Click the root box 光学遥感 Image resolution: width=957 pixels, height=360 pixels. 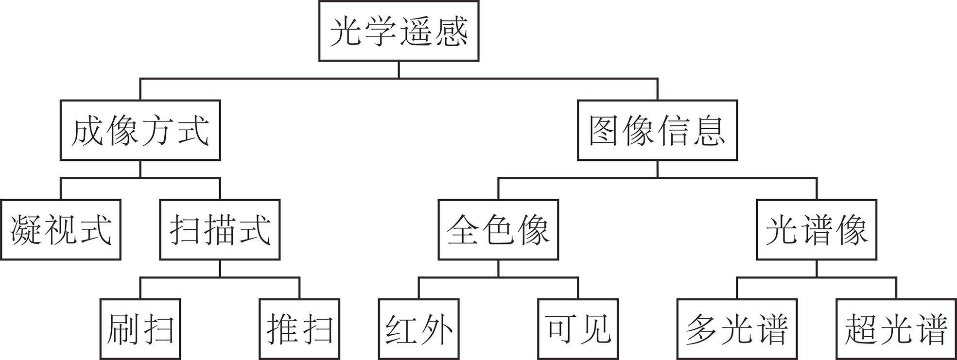click(399, 31)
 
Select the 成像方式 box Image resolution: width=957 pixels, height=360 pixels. click(140, 130)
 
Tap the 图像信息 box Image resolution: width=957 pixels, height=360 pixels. click(657, 130)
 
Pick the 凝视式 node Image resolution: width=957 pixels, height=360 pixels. click(61, 229)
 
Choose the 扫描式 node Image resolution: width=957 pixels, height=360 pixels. click(220, 229)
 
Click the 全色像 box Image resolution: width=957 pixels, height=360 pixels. click(498, 229)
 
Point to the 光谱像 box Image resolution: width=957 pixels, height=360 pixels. click(817, 229)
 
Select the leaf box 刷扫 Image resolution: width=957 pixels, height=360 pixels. click(140, 329)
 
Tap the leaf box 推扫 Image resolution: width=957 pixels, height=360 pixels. click(299, 329)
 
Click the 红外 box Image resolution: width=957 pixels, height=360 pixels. click(418, 329)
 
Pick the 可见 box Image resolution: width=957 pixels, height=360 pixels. click(578, 329)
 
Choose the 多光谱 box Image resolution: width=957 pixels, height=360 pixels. click(737, 329)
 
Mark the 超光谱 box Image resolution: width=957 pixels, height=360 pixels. click(896, 329)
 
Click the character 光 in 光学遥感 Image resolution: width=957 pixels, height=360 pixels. click(346, 32)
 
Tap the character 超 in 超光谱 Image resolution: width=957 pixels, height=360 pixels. click(861, 329)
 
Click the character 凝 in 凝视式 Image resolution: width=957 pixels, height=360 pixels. click(25, 230)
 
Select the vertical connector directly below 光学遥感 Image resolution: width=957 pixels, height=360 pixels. click(399, 69)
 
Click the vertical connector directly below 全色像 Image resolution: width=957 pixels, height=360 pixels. click(498, 268)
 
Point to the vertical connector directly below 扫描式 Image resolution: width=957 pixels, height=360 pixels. click(220, 268)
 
